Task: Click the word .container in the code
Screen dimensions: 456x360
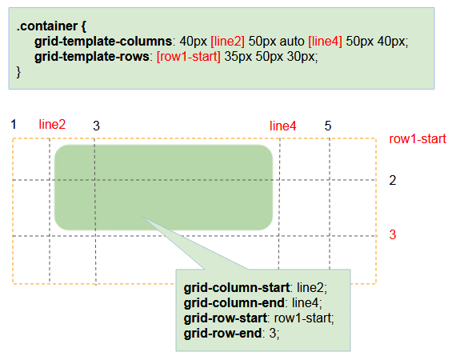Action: (x=46, y=26)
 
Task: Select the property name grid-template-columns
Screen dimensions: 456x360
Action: (x=103, y=42)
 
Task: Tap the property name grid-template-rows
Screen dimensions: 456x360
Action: (x=92, y=57)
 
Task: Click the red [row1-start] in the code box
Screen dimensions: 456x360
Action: (x=189, y=57)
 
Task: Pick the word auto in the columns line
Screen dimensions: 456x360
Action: (x=292, y=42)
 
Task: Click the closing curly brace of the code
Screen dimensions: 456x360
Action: (x=18, y=72)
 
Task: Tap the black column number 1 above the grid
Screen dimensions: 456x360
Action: (x=14, y=125)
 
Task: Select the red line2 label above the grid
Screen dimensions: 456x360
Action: (x=52, y=125)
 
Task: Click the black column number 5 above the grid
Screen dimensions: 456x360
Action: (x=328, y=126)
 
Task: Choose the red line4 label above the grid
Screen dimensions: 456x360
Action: (x=282, y=126)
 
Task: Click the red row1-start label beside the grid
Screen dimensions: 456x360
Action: (x=418, y=139)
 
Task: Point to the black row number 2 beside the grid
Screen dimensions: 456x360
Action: (x=393, y=181)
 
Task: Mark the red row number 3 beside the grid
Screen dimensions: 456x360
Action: (x=393, y=234)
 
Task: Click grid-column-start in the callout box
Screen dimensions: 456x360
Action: (x=237, y=288)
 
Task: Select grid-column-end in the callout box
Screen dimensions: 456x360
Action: (x=234, y=303)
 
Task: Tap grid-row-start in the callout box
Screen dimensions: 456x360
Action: (x=226, y=318)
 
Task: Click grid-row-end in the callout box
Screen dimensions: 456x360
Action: (x=222, y=334)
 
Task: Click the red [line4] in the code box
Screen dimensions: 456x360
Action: (x=325, y=42)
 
